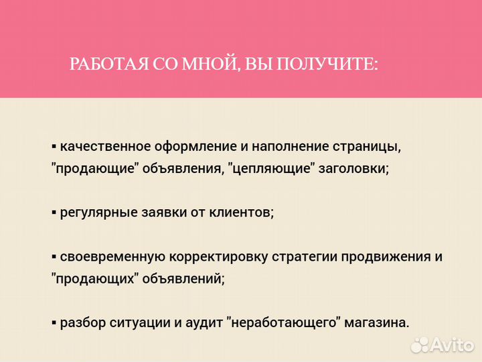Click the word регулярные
pyautogui.click(x=95, y=213)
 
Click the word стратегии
pyautogui.click(x=302, y=257)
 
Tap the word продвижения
pyautogui.click(x=384, y=257)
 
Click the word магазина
pyautogui.click(x=377, y=322)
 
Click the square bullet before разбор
pyautogui.click(x=54, y=323)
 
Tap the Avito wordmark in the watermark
pyautogui.click(x=453, y=344)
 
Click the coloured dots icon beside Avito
pyautogui.click(x=420, y=345)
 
